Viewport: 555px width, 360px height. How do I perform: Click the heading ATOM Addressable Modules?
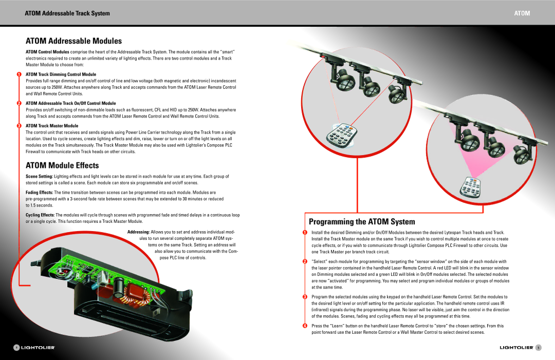(73, 41)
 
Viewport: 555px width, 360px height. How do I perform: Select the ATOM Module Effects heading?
(62, 165)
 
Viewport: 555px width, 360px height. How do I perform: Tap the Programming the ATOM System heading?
(362, 222)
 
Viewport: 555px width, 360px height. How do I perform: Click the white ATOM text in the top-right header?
(522, 13)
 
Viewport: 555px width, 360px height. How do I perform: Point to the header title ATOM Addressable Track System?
(67, 13)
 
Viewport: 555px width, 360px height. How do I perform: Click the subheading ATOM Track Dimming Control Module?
(61, 74)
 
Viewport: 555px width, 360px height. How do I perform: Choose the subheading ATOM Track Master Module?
(52, 126)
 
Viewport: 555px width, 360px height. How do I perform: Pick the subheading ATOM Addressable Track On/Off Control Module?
(70, 103)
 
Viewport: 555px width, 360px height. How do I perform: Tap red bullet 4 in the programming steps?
(304, 326)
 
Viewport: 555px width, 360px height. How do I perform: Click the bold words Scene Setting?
(39, 176)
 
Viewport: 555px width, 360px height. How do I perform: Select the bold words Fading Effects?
(40, 192)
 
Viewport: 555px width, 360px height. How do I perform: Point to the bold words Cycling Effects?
(40, 215)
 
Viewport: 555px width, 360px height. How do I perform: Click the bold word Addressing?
(138, 232)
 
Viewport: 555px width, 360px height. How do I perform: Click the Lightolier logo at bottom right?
(516, 348)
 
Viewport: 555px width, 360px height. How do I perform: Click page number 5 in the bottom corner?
(538, 348)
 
